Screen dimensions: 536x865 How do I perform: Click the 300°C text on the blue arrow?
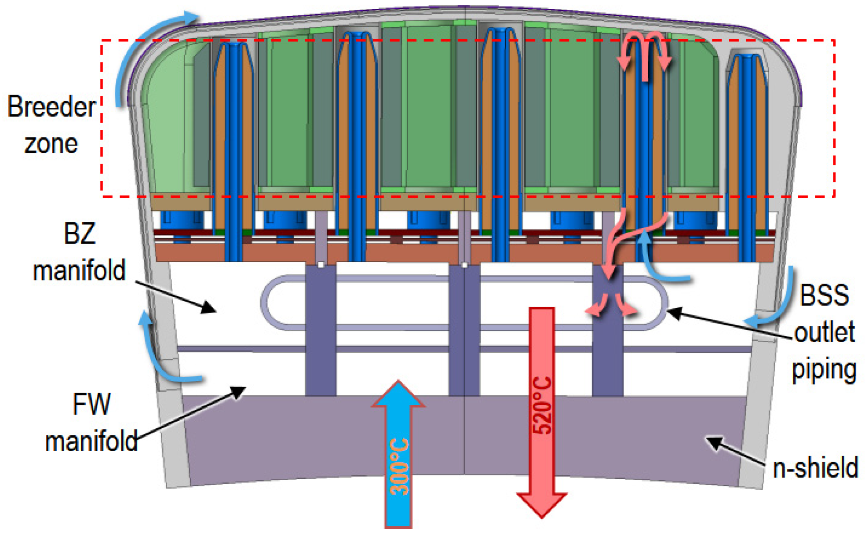(399, 466)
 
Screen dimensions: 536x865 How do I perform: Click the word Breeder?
(51, 107)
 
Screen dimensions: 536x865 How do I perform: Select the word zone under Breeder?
(51, 144)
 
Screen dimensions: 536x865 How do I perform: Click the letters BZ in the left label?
(80, 233)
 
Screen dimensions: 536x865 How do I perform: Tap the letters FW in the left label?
(91, 404)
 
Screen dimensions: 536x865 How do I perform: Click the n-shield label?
(815, 467)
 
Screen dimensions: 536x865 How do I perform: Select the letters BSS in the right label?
(824, 295)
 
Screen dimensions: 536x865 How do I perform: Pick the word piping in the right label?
(824, 370)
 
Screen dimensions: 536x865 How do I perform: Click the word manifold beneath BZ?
(79, 270)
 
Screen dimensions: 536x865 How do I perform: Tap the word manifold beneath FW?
(91, 441)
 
